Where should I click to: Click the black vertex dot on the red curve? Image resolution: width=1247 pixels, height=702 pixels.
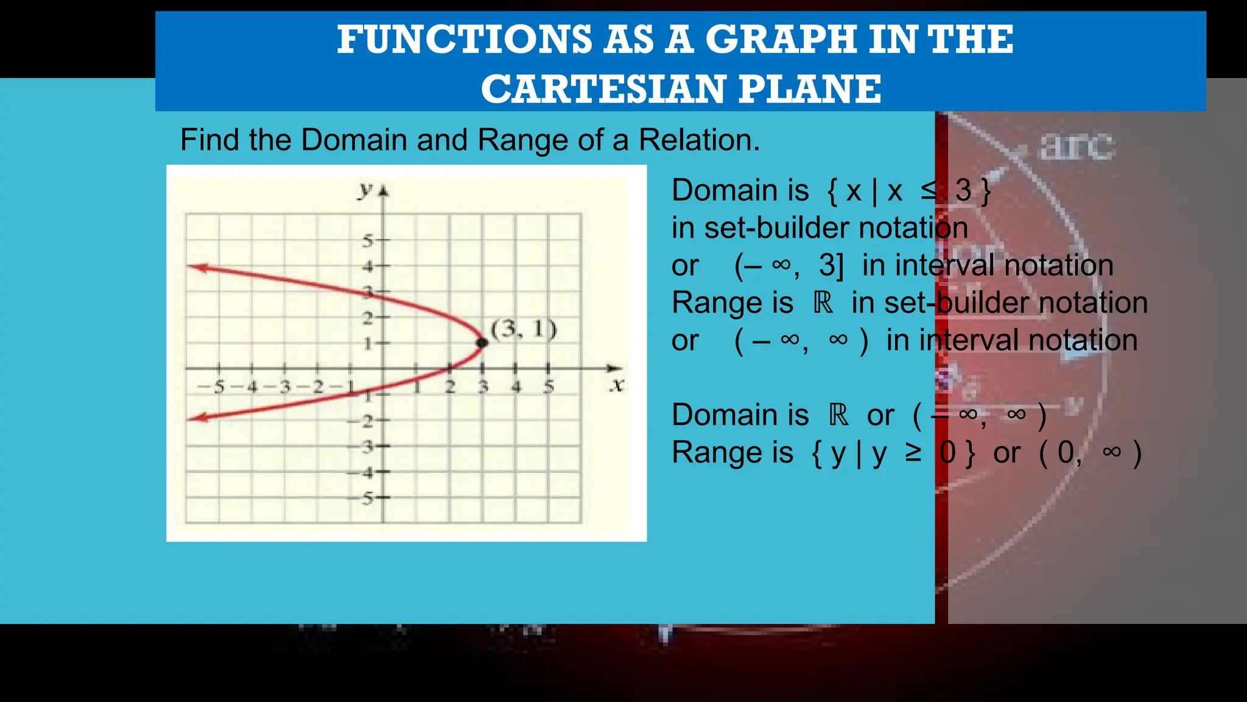tap(482, 342)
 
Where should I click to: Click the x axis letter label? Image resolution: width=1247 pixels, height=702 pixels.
tap(617, 385)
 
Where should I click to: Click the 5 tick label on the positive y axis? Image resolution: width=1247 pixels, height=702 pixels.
tap(368, 241)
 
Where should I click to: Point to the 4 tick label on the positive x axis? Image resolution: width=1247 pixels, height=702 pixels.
tap(516, 386)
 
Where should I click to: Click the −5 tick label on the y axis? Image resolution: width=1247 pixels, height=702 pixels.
tap(364, 498)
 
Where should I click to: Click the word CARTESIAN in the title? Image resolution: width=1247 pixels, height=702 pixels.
tap(602, 89)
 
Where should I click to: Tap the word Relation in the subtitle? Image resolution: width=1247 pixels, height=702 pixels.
tap(698, 140)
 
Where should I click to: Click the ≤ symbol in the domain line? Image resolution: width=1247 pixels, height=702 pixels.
tap(929, 190)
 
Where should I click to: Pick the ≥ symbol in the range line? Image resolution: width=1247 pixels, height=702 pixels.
tap(913, 452)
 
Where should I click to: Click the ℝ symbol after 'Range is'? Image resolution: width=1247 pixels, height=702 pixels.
tap(823, 303)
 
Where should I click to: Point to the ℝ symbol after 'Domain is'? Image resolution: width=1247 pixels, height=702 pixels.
tap(838, 415)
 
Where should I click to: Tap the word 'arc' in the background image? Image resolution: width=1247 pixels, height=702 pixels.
tap(1077, 146)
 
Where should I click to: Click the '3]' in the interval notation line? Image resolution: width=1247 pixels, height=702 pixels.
tap(831, 266)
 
